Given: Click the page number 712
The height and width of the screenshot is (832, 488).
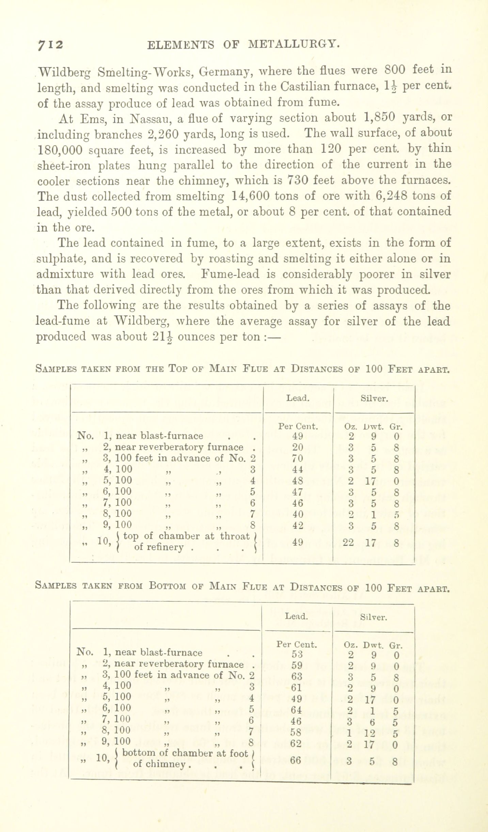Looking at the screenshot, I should click(x=51, y=45).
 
